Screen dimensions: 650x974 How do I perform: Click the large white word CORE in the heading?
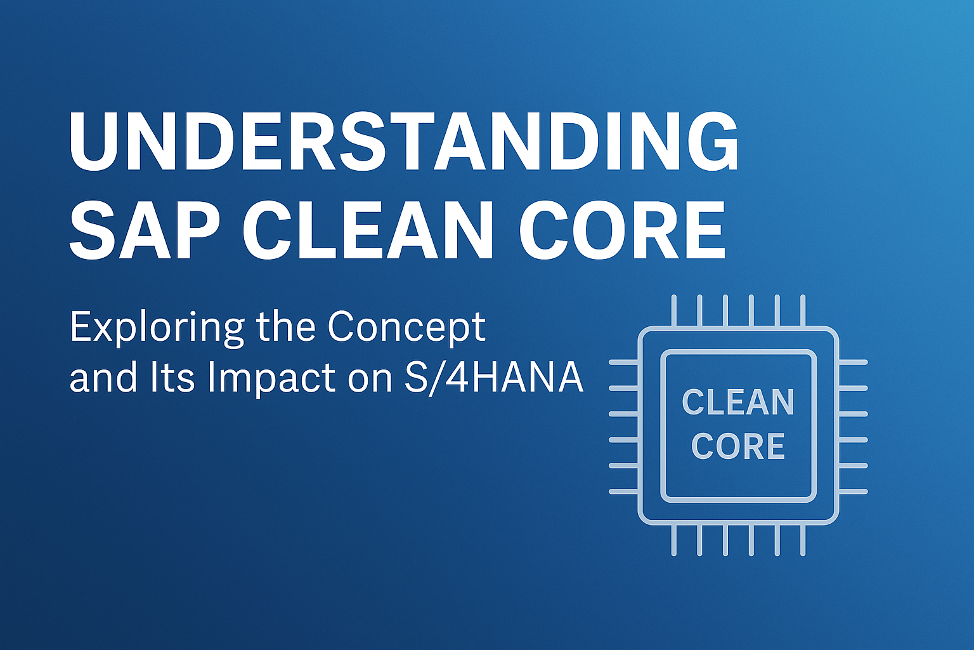pos(622,231)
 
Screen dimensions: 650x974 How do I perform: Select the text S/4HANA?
pos(493,378)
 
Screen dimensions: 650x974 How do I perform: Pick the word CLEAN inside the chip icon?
pos(738,402)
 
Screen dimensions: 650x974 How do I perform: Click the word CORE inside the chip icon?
pos(738,446)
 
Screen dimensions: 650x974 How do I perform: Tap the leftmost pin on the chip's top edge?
pos(674,310)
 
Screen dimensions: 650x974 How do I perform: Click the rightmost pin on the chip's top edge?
pos(803,310)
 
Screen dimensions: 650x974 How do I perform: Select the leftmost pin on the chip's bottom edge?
pos(674,540)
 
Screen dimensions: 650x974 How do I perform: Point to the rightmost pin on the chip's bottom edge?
pos(803,540)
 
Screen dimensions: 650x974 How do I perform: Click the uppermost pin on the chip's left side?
pos(623,362)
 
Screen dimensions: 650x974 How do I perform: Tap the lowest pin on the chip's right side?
pos(853,491)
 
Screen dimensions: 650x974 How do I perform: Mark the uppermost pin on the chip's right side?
pos(853,362)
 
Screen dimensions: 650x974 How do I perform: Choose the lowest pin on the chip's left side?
pos(623,491)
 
